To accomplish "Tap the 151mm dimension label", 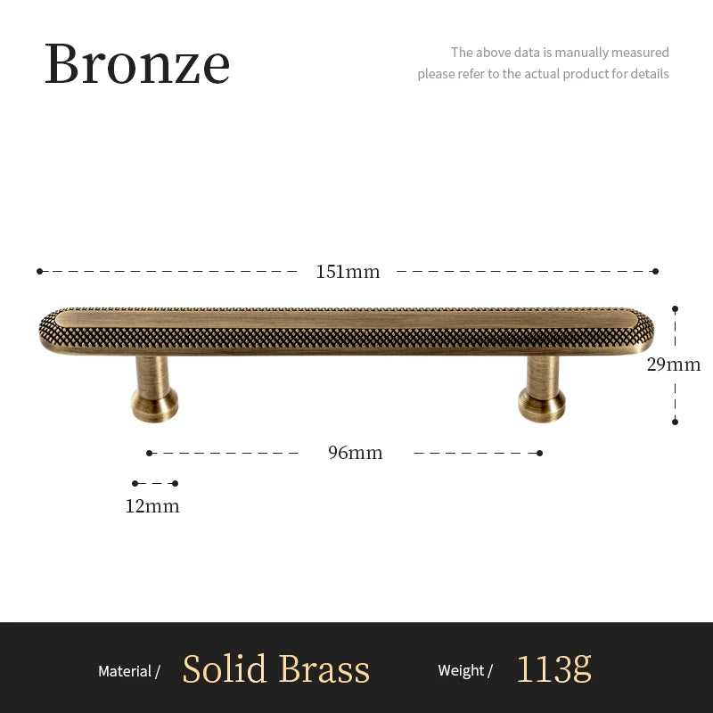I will (x=348, y=272).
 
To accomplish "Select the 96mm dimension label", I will (x=355, y=453).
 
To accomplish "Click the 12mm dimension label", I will (x=152, y=506).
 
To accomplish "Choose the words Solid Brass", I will (x=275, y=669).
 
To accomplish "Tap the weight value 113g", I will (x=553, y=669).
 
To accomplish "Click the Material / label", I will (x=128, y=671).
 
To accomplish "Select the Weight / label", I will (x=465, y=671).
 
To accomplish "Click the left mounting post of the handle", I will (x=155, y=387).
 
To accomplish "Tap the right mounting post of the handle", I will (x=542, y=389).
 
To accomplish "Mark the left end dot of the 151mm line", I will (x=40, y=271).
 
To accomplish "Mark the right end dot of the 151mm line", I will (x=655, y=271).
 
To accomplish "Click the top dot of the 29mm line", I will (x=675, y=309).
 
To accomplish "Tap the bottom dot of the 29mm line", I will (x=675, y=421).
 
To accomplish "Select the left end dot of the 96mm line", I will (x=150, y=453).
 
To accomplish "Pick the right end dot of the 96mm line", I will (x=540, y=453).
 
